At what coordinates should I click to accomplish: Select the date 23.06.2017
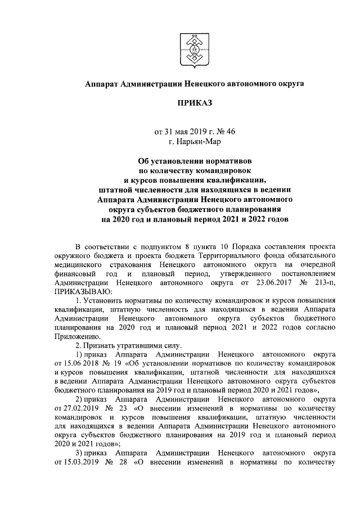coord(264,283)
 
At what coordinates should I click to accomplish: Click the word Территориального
coord(222,256)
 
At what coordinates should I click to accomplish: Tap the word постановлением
coord(309,274)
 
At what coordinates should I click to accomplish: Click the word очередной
coord(319,265)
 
